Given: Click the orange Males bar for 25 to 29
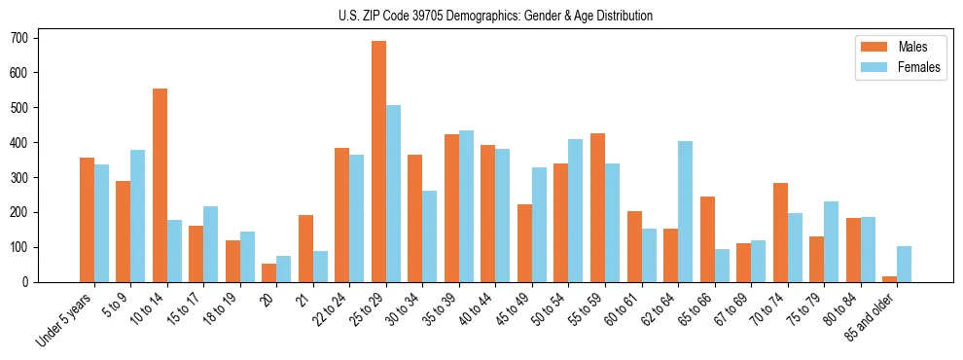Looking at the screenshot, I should pos(378,162).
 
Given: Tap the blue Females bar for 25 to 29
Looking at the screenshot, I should pos(393,194).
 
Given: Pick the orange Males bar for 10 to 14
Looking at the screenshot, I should pos(160,185).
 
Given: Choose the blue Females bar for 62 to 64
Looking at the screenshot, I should pos(685,211).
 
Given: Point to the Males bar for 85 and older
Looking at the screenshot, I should pos(889,279).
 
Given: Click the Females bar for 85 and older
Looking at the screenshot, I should pos(904,264).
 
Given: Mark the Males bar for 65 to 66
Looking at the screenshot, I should pos(707,239).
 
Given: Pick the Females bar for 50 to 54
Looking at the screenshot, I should pos(575,210).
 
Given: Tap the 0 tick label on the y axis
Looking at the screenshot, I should pos(32,282).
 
